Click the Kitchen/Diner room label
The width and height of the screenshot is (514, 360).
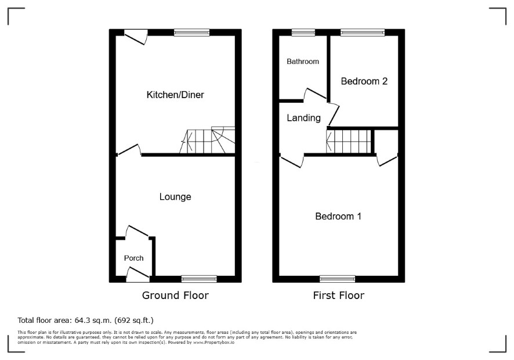(x=175, y=95)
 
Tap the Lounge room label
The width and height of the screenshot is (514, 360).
(x=175, y=197)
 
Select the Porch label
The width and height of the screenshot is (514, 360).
(x=134, y=258)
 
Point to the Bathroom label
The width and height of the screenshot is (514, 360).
(x=303, y=62)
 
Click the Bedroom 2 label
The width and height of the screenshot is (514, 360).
(x=364, y=81)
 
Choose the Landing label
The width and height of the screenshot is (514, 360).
(x=303, y=118)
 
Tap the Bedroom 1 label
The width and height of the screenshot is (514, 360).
(x=338, y=216)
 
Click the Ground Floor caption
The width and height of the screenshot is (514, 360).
(x=175, y=296)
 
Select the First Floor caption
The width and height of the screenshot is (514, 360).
(x=339, y=296)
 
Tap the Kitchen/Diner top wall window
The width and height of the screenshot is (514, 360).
(x=192, y=32)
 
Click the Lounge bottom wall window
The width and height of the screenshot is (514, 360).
(x=200, y=279)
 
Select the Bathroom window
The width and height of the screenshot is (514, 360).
(x=303, y=32)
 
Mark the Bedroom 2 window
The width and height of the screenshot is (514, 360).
(x=363, y=32)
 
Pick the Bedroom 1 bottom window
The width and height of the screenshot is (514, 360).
(x=338, y=279)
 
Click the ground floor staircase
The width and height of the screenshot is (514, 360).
(x=207, y=140)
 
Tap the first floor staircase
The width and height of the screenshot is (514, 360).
(x=349, y=141)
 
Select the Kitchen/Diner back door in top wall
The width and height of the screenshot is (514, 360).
(x=136, y=37)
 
